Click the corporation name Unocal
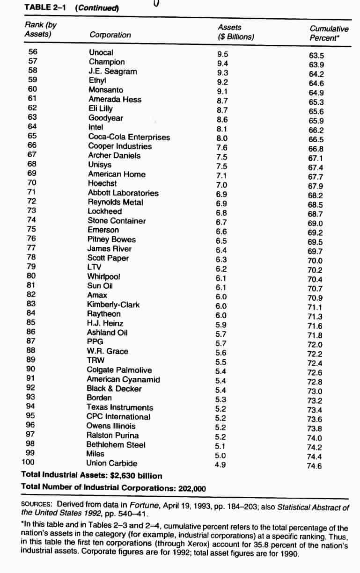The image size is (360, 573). (101, 52)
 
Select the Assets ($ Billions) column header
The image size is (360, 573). (235, 32)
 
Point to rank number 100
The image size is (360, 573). (29, 462)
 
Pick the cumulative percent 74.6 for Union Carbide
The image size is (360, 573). (315, 465)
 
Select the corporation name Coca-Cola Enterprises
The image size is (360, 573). (129, 137)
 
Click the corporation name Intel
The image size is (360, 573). (96, 127)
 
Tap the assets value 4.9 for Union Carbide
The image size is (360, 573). (220, 464)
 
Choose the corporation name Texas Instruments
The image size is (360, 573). (119, 407)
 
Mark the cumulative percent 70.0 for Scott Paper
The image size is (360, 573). (315, 261)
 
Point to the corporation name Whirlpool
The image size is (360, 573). (103, 276)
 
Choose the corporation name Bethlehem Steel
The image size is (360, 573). (116, 445)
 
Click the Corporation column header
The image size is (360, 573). (110, 35)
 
